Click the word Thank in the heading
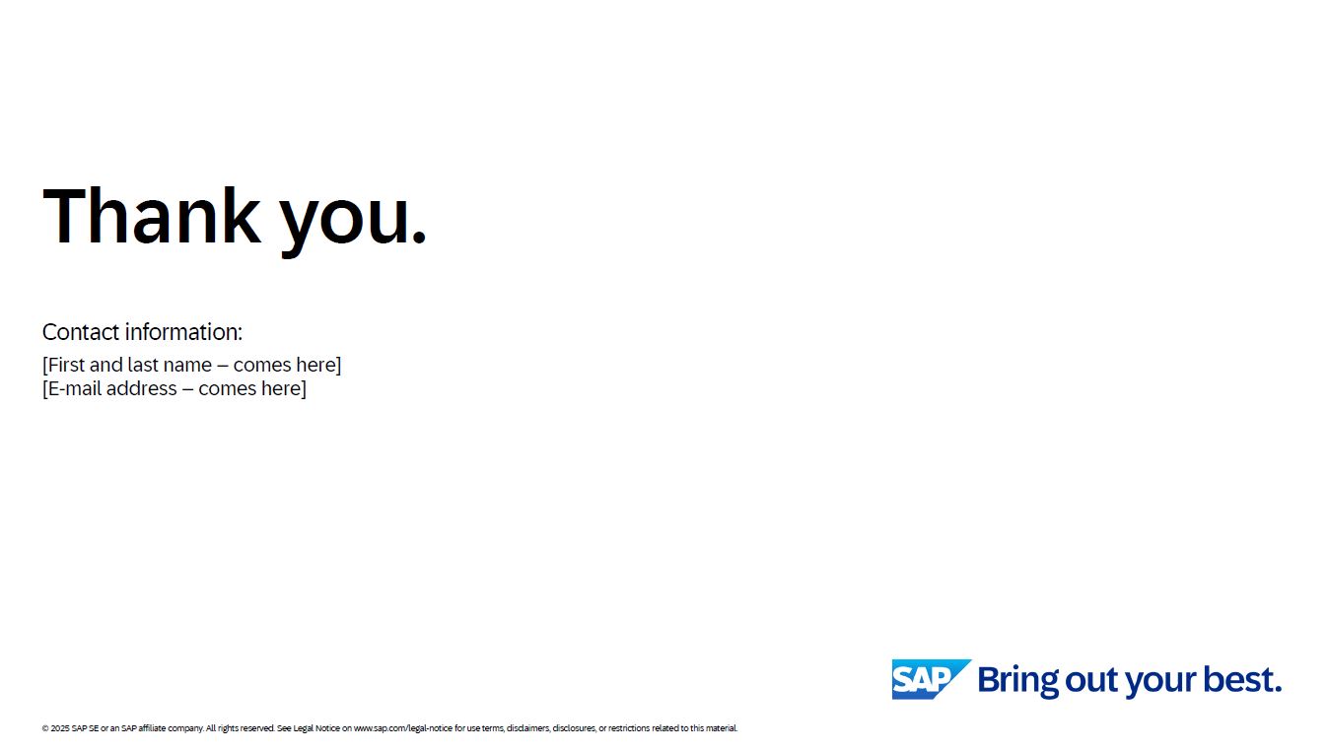tap(152, 215)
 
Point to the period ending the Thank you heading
tap(419, 236)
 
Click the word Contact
tap(81, 332)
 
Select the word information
tap(183, 332)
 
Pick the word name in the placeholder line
tap(187, 366)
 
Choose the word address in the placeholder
tap(142, 388)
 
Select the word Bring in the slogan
tap(1017, 680)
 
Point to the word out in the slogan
tap(1092, 680)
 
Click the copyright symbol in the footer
tap(45, 728)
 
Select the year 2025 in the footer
tap(60, 728)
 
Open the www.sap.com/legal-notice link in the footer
tap(403, 728)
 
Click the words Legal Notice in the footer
tap(316, 728)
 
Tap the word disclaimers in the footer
tap(528, 728)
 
